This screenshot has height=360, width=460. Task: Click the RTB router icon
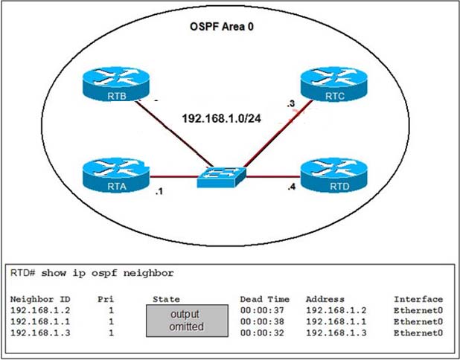click(x=116, y=85)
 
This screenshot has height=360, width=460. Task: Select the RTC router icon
click(x=334, y=85)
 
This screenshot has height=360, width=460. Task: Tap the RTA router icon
click(x=116, y=175)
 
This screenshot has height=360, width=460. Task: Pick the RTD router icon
click(x=334, y=175)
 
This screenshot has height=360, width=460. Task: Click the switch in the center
click(x=222, y=177)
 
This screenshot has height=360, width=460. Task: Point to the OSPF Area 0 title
click(x=222, y=27)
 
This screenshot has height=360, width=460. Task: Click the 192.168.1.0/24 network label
click(x=222, y=118)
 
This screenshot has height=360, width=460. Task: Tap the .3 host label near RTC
click(x=291, y=103)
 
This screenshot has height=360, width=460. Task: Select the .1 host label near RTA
click(x=159, y=191)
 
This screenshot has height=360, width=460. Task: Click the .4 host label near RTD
click(x=291, y=187)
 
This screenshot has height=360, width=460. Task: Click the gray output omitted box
click(x=187, y=321)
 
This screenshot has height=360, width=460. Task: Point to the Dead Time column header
click(x=265, y=299)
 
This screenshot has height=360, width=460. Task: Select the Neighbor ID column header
click(x=40, y=299)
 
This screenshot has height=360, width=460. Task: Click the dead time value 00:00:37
click(x=262, y=310)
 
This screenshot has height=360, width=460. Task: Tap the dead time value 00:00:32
click(x=262, y=332)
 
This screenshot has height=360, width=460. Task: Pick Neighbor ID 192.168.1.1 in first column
click(x=40, y=321)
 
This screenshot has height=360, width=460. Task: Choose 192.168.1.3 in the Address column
click(x=336, y=332)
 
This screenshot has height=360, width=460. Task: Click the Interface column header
click(x=418, y=299)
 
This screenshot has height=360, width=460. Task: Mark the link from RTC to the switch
click(x=278, y=134)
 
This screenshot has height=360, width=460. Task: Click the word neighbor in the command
click(x=148, y=274)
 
